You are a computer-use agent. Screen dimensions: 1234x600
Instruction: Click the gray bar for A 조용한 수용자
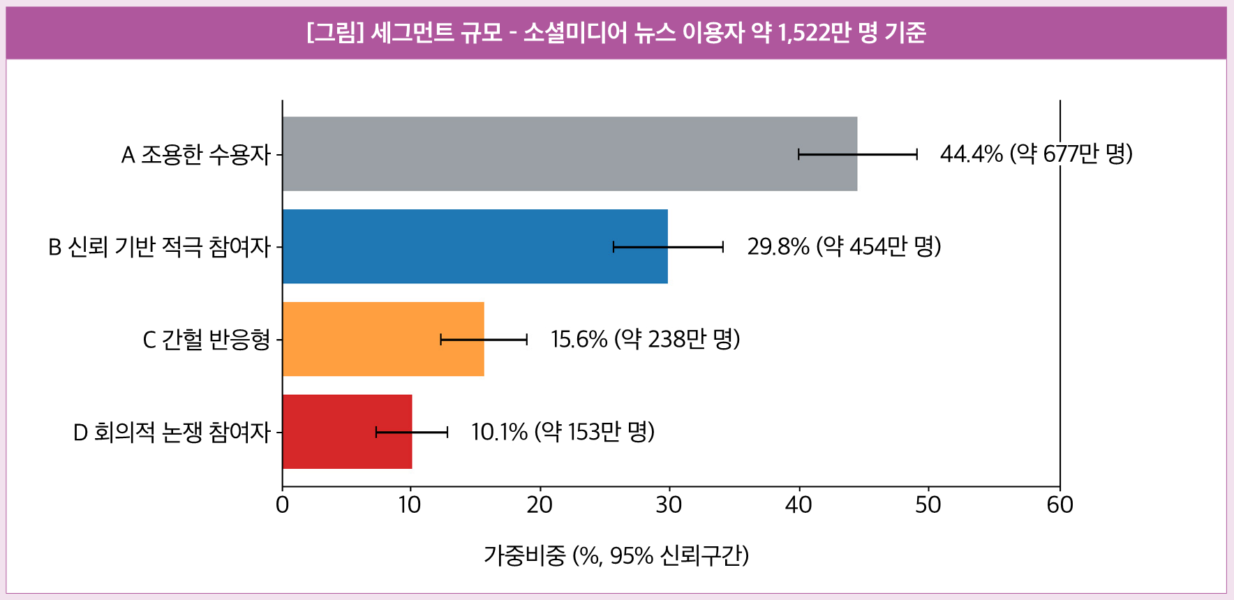pos(570,153)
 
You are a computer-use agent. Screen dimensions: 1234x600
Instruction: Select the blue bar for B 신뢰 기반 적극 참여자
pos(475,246)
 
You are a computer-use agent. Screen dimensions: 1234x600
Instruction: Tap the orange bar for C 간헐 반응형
pos(383,339)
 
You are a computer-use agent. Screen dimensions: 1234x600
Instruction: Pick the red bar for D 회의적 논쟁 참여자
pos(347,432)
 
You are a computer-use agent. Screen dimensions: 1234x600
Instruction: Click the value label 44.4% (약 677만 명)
pos(1036,153)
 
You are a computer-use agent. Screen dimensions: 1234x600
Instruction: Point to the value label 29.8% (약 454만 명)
pos(845,246)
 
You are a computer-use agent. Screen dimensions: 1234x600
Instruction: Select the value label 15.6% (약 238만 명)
pos(646,339)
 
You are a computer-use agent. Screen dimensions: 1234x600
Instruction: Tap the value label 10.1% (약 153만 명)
pos(563,432)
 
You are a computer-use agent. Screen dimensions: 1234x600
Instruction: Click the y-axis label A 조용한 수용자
pos(195,154)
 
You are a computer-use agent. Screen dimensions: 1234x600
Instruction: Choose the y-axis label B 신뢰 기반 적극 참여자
pos(159,247)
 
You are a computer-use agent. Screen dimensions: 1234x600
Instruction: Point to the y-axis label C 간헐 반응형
pos(207,340)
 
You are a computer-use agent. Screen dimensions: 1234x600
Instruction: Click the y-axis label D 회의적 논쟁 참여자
pos(172,433)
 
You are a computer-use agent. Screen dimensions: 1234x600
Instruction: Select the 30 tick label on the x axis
pos(669,504)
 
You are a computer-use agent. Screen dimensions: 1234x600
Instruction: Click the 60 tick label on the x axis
pos(1060,504)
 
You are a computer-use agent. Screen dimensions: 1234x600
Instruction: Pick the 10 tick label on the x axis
pos(410,504)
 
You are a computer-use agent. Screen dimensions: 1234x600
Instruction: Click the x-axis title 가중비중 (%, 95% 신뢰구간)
pos(616,556)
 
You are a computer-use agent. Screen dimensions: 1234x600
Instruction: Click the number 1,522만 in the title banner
pos(814,33)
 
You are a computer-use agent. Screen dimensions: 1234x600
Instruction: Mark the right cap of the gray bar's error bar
pos(916,154)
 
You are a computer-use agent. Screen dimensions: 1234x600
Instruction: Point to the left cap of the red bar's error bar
pos(376,432)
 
